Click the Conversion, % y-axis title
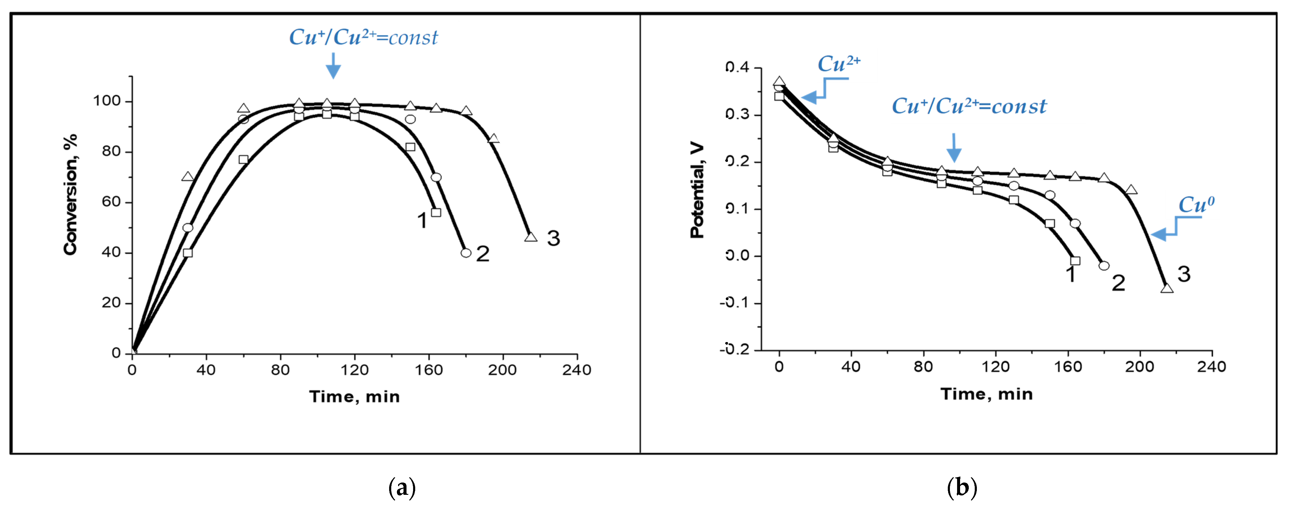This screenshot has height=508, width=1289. click(x=71, y=194)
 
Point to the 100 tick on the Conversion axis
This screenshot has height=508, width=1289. click(x=107, y=101)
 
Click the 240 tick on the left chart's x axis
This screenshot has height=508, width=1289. click(x=576, y=370)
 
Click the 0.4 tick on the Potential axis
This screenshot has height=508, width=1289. click(x=738, y=67)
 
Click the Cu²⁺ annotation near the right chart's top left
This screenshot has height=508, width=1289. click(x=839, y=64)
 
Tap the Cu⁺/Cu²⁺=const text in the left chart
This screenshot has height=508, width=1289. click(x=363, y=37)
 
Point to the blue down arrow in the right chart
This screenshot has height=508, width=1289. click(x=954, y=148)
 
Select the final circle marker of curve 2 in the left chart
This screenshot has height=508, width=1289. click(x=466, y=253)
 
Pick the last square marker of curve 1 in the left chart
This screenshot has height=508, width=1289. click(x=436, y=212)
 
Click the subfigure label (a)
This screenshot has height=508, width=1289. click(x=402, y=487)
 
